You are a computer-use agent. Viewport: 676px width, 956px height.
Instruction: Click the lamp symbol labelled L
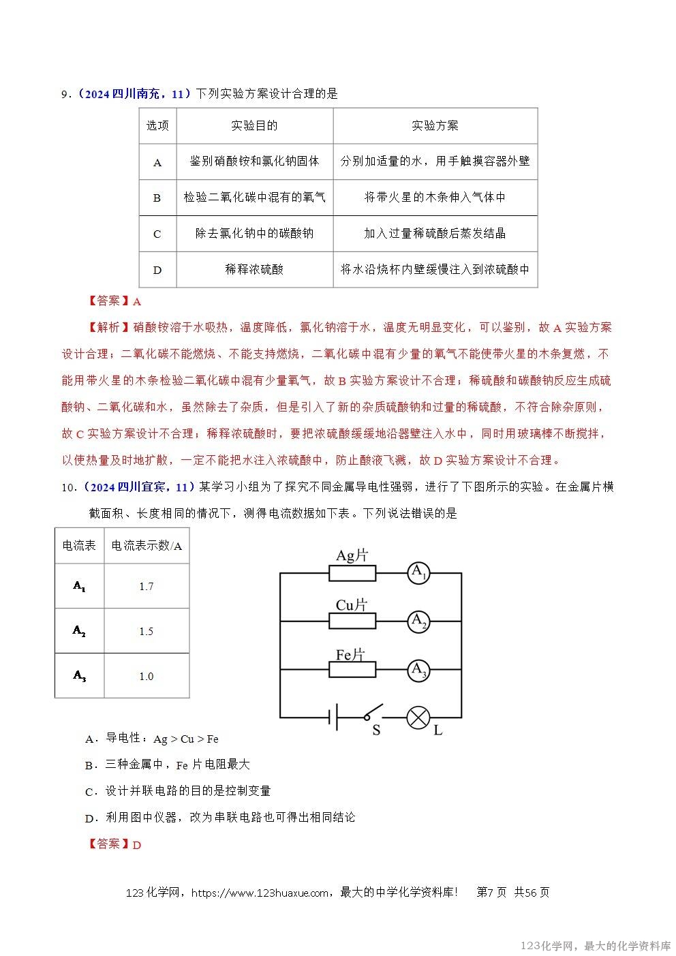tap(418, 717)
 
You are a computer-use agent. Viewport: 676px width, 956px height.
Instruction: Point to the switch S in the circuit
tap(372, 715)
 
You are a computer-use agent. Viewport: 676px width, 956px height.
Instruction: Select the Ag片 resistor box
tap(352, 574)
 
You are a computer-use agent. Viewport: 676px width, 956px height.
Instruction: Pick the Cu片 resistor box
tap(352, 621)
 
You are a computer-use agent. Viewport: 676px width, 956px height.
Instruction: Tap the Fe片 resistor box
tap(352, 670)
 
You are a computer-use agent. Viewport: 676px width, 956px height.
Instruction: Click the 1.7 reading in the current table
tap(146, 586)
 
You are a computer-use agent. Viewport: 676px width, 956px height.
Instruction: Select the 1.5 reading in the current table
tap(146, 631)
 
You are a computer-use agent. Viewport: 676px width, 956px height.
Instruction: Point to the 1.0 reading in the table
tap(146, 676)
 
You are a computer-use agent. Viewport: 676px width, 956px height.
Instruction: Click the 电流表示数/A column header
tap(146, 546)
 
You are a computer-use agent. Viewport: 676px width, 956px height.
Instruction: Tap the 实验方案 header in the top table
tap(435, 125)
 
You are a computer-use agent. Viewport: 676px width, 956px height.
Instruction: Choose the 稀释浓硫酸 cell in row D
tap(254, 269)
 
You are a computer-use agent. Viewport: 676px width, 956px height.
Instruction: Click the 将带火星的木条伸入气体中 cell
tap(435, 198)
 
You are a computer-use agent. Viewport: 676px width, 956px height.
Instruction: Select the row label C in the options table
tap(157, 234)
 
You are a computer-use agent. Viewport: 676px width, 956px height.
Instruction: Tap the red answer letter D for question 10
tap(136, 845)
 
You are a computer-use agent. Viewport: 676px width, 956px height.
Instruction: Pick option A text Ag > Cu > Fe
tap(185, 739)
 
